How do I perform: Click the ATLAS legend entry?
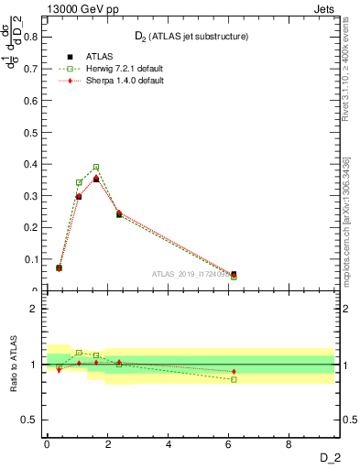click(x=88, y=56)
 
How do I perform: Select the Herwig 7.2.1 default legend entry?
click(x=110, y=69)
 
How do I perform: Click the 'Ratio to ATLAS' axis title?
click(x=12, y=365)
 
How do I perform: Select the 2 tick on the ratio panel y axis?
click(x=35, y=309)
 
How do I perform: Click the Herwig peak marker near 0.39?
click(x=96, y=167)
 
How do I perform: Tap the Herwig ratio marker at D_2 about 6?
click(x=234, y=379)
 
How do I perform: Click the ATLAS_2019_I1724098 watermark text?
click(x=191, y=274)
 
